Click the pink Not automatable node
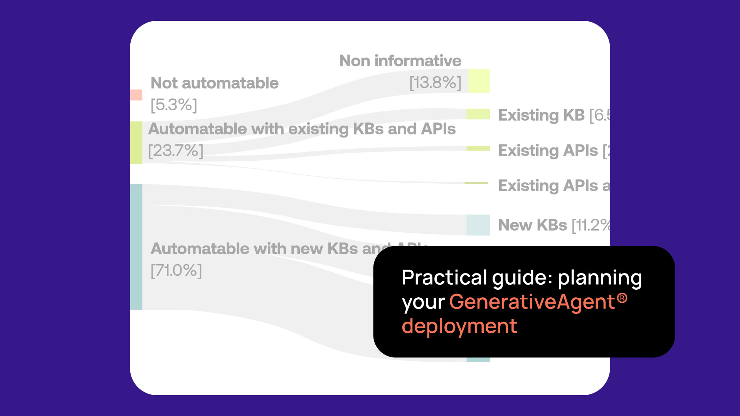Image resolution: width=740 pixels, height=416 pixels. pyautogui.click(x=136, y=95)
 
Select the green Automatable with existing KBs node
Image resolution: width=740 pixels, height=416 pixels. pyautogui.click(x=136, y=143)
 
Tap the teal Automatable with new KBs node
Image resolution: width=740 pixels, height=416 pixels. pyautogui.click(x=136, y=247)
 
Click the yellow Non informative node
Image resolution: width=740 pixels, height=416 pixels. pyautogui.click(x=479, y=81)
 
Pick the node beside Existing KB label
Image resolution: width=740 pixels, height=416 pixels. pyautogui.click(x=478, y=114)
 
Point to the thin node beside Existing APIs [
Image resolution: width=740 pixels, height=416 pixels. pyautogui.click(x=478, y=148)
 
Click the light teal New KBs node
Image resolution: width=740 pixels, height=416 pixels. pyautogui.click(x=478, y=225)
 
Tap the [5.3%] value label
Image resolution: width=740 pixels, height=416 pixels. pyautogui.click(x=174, y=105)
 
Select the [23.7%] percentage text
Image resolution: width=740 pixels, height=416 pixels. pyautogui.click(x=176, y=151)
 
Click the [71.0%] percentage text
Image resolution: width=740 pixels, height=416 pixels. pyautogui.click(x=176, y=270)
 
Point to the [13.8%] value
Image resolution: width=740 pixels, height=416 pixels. pyautogui.click(x=435, y=82)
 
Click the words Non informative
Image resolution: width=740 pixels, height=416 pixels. pyautogui.click(x=400, y=61)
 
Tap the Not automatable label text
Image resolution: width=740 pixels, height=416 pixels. pyautogui.click(x=214, y=83)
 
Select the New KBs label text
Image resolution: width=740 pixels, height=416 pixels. pyautogui.click(x=532, y=225)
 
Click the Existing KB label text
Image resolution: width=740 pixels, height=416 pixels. pyautogui.click(x=541, y=115)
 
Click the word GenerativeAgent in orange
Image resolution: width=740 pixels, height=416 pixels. pyautogui.click(x=532, y=302)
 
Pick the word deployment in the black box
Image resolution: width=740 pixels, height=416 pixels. pyautogui.click(x=459, y=326)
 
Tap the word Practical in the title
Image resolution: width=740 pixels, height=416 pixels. pyautogui.click(x=444, y=277)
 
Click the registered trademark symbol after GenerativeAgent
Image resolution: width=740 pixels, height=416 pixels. pyautogui.click(x=622, y=298)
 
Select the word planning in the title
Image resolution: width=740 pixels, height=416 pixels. pyautogui.click(x=600, y=278)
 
